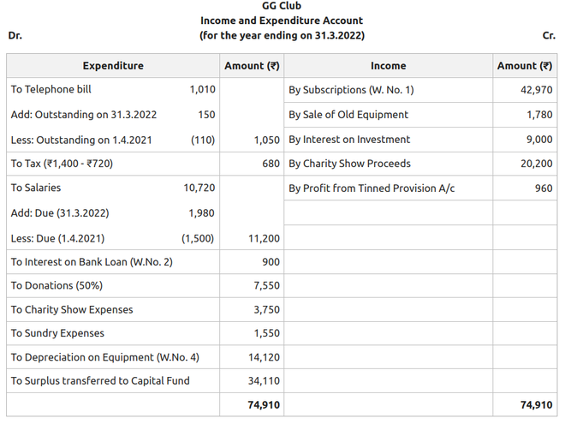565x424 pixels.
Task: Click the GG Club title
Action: (282, 6)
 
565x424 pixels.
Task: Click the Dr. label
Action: (15, 36)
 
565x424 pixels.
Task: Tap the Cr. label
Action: (549, 36)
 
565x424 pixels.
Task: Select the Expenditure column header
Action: (113, 66)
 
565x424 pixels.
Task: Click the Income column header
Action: (388, 66)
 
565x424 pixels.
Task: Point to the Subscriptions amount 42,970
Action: (536, 90)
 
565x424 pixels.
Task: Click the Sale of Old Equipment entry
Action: (348, 115)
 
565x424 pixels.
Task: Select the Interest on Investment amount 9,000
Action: (539, 140)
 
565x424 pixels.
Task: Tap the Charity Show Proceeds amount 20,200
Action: (536, 164)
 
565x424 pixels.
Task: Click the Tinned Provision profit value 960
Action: (544, 188)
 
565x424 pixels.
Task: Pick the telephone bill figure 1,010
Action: (202, 89)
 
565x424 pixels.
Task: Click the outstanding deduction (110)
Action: (202, 140)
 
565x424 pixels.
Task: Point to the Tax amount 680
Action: (271, 164)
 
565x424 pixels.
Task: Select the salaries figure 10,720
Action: (199, 188)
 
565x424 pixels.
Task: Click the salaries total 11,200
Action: (264, 239)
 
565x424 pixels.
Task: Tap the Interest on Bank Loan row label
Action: (92, 262)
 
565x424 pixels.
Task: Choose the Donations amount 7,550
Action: (266, 286)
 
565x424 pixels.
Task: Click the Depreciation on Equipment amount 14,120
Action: (264, 357)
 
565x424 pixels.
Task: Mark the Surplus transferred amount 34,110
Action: (264, 381)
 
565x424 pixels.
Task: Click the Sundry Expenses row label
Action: (57, 333)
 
